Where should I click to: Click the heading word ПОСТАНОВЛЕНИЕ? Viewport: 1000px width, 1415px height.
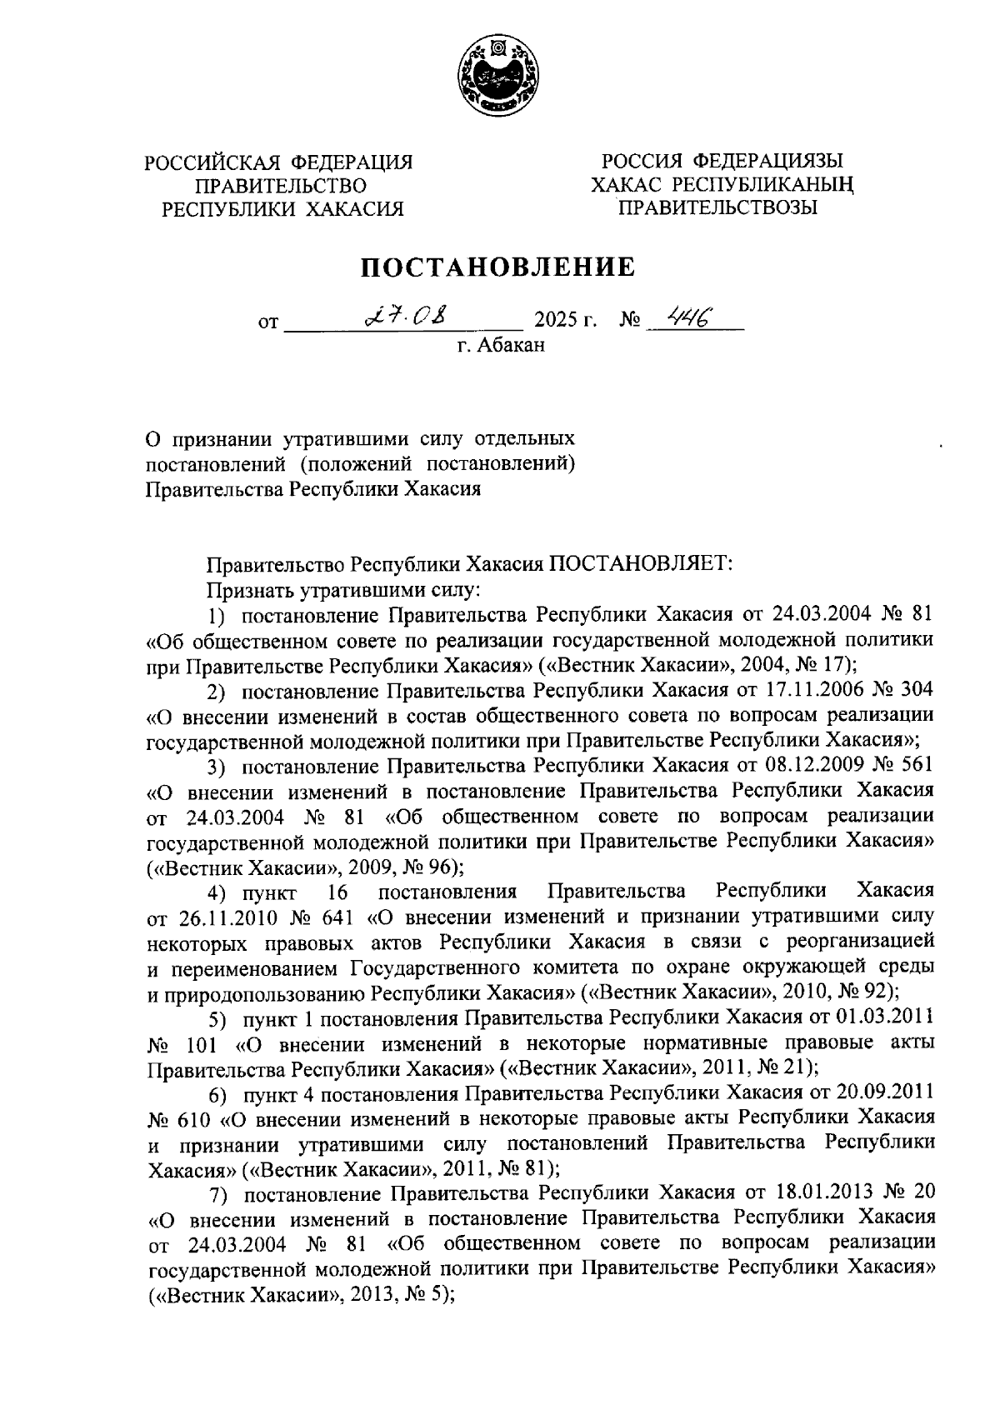(x=497, y=267)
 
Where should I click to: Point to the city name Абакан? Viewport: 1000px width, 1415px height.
(x=510, y=344)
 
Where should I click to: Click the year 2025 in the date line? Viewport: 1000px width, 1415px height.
(x=557, y=321)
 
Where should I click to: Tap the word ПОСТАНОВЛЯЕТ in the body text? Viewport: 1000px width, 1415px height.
(x=639, y=564)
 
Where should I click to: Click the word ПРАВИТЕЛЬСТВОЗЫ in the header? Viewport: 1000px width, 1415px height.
(x=717, y=207)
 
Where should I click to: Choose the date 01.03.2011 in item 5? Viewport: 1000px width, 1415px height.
(x=883, y=1017)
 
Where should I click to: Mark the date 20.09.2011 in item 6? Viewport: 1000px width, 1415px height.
(x=883, y=1092)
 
